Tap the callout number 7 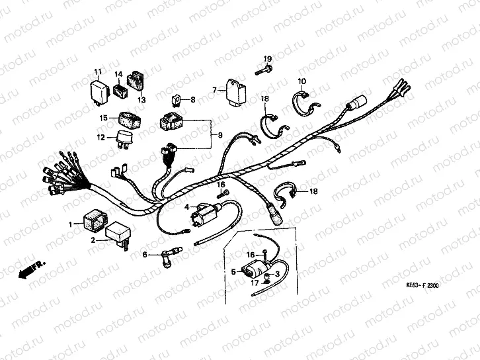214,89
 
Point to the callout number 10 301,82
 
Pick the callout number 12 101,138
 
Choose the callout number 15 103,118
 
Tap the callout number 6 145,253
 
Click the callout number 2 93,241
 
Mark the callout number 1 71,224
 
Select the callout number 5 233,271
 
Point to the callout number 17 253,283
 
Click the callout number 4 187,207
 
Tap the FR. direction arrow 31,268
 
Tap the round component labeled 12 124,137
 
